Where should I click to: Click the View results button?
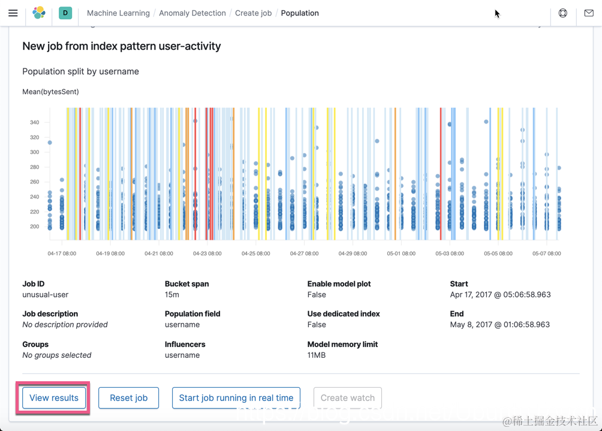click(54, 397)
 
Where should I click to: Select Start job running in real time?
click(236, 397)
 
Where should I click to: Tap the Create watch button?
click(347, 397)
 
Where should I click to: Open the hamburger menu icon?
click(13, 13)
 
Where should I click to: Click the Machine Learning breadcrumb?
click(118, 13)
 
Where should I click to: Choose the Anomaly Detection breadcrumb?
click(192, 13)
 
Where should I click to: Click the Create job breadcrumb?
click(253, 13)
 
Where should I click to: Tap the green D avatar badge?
click(65, 13)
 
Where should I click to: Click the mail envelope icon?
click(589, 13)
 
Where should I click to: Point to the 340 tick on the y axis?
click(34, 122)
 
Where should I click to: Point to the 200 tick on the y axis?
click(34, 227)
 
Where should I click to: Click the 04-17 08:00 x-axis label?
click(62, 254)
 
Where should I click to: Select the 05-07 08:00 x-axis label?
click(547, 254)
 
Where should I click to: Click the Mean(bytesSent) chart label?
click(50, 92)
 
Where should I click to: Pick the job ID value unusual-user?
click(46, 294)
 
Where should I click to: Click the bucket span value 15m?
click(172, 294)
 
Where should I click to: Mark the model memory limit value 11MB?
click(317, 355)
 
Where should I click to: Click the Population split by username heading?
click(80, 71)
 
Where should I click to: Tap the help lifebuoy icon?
click(562, 13)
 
